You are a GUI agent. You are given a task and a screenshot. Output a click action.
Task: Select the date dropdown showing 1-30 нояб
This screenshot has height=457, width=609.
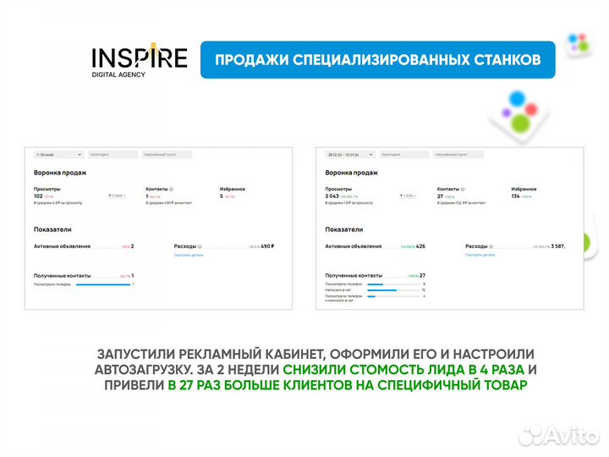point(58,155)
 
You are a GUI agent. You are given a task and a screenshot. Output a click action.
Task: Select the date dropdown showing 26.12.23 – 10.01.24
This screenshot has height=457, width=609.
point(348,155)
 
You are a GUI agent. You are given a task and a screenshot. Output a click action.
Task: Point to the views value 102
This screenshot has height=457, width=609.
point(38,195)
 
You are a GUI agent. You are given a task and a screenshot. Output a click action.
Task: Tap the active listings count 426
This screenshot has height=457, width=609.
point(420,246)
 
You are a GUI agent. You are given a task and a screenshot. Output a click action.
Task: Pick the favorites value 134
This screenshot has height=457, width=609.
point(517,195)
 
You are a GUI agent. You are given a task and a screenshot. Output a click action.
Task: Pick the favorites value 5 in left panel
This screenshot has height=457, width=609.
point(222,195)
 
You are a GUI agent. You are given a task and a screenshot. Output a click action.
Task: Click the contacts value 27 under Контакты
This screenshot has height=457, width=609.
point(441,195)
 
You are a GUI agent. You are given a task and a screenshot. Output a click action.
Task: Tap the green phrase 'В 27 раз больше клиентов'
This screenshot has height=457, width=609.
point(347,385)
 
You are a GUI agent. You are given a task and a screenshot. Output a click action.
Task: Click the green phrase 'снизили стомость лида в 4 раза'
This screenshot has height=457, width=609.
point(404,370)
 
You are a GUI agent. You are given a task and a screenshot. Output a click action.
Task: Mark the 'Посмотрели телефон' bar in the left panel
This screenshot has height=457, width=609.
point(103,284)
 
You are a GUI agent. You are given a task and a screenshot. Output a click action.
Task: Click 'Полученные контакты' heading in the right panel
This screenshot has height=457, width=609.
point(354,275)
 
